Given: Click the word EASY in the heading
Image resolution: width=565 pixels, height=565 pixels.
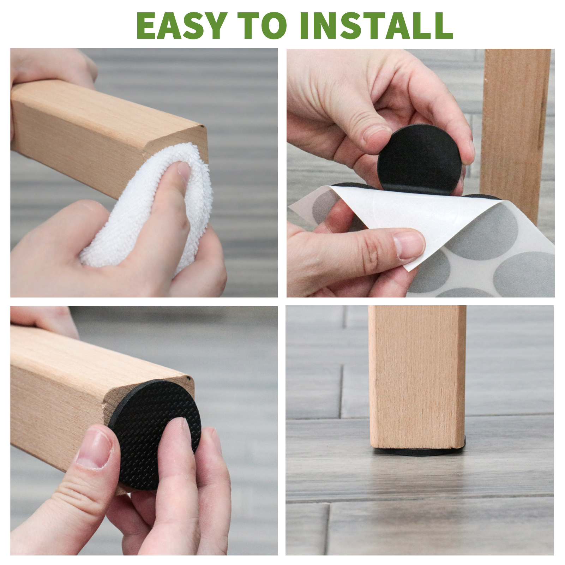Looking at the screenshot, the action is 182,25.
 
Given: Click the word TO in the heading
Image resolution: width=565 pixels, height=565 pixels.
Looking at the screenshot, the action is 262,25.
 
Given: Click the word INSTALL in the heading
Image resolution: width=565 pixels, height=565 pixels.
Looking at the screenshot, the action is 376,25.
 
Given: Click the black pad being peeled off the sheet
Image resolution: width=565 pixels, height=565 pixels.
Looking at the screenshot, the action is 419,159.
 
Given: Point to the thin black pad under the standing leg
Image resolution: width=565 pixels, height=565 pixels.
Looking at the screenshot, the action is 420,450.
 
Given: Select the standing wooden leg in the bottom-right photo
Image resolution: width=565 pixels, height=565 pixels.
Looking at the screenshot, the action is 417,376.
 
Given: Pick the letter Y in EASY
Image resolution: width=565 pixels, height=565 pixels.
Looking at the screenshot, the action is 215,25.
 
